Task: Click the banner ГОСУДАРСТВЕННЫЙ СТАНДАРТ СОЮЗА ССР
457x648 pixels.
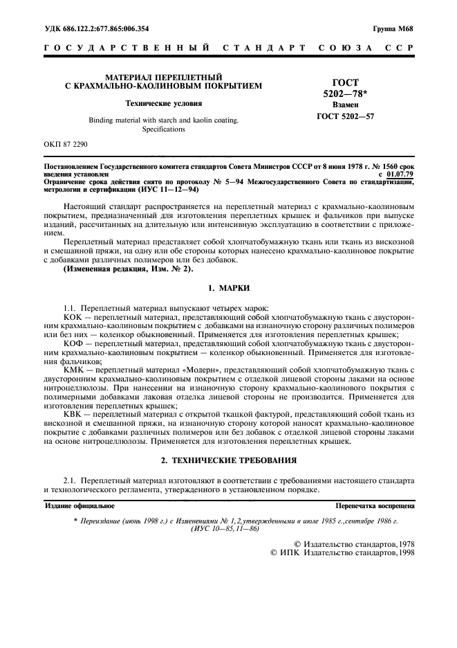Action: (228, 48)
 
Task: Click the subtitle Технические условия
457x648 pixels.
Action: (163, 103)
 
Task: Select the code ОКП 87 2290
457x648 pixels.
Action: (66, 145)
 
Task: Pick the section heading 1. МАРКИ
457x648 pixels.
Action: (228, 287)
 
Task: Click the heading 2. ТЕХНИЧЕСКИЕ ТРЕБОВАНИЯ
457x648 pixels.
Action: (228, 460)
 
